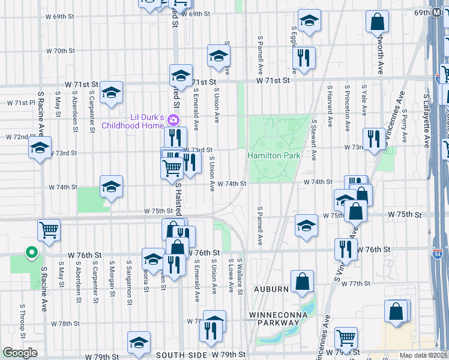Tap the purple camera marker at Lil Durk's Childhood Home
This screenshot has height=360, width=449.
(x=174, y=120)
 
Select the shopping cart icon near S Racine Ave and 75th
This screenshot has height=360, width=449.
(x=49, y=229)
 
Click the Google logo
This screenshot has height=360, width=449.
(x=20, y=353)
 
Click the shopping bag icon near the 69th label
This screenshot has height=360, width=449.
(x=377, y=23)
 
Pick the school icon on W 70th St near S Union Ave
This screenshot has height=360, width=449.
(x=218, y=56)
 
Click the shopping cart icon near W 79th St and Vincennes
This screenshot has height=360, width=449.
(x=346, y=338)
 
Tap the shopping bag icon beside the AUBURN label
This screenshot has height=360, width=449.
(x=303, y=281)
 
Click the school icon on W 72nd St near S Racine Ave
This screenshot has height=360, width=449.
(x=40, y=148)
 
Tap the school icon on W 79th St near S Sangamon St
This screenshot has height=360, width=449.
(x=139, y=342)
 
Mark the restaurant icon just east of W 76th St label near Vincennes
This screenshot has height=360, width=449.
(x=345, y=250)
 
